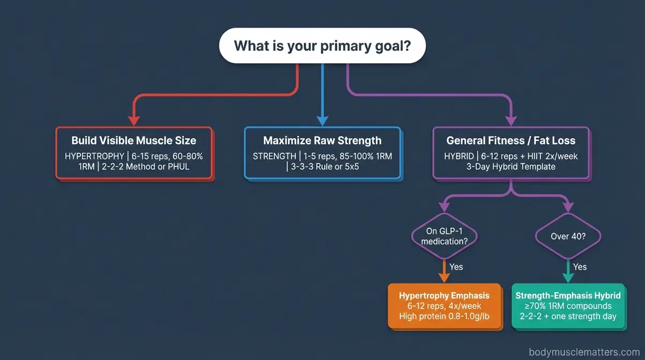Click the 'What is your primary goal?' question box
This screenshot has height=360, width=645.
click(x=322, y=46)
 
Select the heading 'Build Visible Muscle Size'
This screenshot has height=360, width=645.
click(x=134, y=140)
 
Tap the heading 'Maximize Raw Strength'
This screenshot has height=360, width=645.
click(x=322, y=140)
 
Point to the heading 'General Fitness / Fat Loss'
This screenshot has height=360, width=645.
click(x=511, y=140)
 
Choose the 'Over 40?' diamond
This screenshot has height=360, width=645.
click(x=568, y=236)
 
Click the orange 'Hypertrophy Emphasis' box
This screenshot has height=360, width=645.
click(x=444, y=306)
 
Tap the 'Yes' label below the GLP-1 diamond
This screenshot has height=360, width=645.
click(x=456, y=267)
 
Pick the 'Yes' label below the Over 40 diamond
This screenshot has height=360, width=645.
click(x=580, y=267)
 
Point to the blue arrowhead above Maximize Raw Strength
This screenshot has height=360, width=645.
click(x=322, y=120)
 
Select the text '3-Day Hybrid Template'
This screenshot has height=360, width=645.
click(x=511, y=167)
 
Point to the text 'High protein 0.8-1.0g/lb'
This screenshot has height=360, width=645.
click(x=444, y=316)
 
